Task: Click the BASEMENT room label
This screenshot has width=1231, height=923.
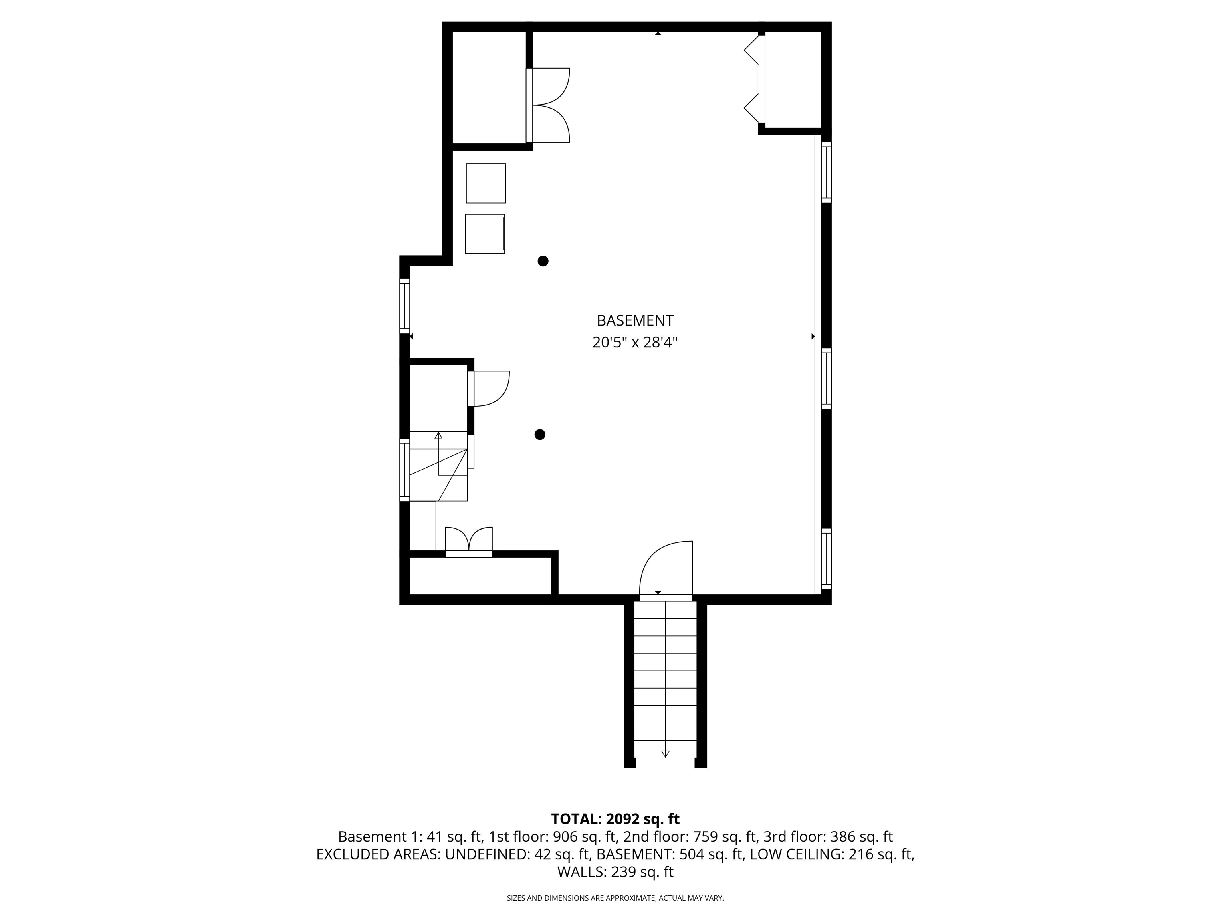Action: click(635, 321)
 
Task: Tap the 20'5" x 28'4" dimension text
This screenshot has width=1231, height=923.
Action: click(635, 342)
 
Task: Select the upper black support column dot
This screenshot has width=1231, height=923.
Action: click(543, 261)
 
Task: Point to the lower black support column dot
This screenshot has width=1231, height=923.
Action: click(539, 435)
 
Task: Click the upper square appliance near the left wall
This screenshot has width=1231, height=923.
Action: click(486, 183)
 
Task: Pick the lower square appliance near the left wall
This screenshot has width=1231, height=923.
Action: click(485, 234)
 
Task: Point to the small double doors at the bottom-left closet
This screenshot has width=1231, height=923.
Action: click(468, 541)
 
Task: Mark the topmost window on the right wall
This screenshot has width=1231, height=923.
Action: click(826, 172)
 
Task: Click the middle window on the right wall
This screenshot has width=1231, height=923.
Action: click(826, 378)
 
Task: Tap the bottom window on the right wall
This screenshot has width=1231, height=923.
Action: click(826, 558)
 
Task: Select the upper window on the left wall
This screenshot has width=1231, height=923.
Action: click(405, 306)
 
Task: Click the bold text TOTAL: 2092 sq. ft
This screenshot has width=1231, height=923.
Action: click(615, 819)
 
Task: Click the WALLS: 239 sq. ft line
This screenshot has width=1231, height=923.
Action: click(615, 872)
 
